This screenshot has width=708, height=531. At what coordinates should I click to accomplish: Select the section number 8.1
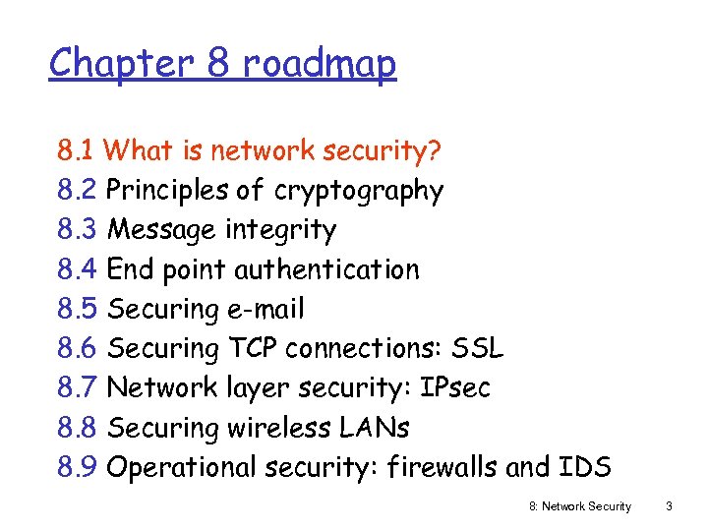click(x=76, y=150)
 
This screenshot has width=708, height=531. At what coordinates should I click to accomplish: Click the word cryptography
click(x=359, y=191)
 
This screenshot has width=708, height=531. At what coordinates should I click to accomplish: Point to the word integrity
click(x=280, y=230)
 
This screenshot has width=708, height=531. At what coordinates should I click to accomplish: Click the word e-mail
click(x=265, y=309)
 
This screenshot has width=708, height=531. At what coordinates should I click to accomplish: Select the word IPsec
click(x=454, y=387)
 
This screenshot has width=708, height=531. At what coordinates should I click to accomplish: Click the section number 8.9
click(x=77, y=467)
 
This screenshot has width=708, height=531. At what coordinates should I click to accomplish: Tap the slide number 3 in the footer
click(x=669, y=506)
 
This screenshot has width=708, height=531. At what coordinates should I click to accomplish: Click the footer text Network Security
click(x=588, y=506)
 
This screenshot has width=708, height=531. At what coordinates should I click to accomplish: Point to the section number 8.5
click(x=77, y=309)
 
